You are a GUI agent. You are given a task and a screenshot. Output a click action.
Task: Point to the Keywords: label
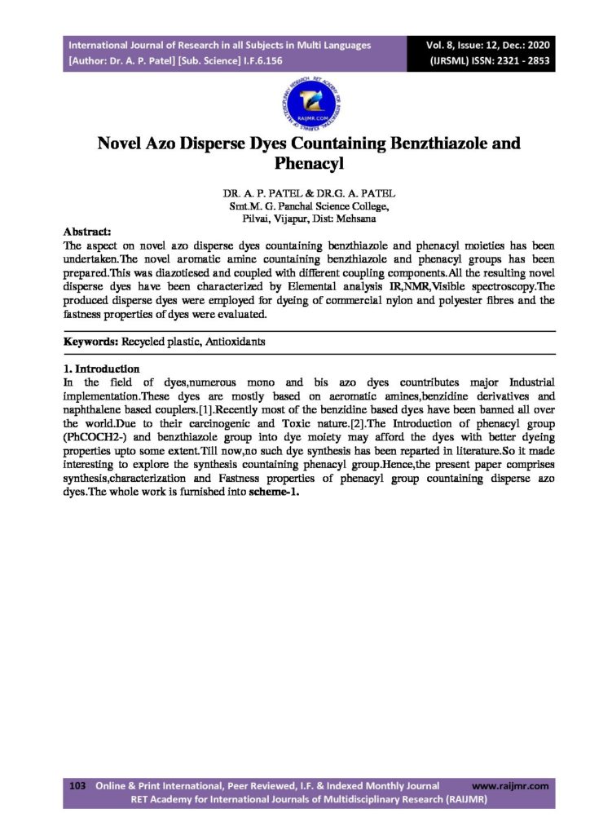93,342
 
